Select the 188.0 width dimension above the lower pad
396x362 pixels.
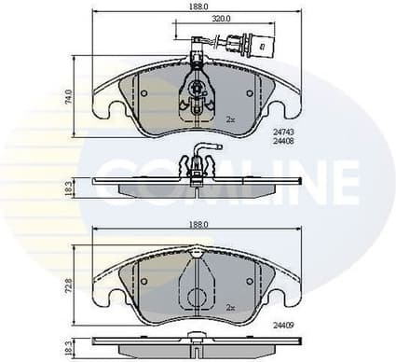(197, 225)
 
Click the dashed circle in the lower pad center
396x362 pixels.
(196, 299)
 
